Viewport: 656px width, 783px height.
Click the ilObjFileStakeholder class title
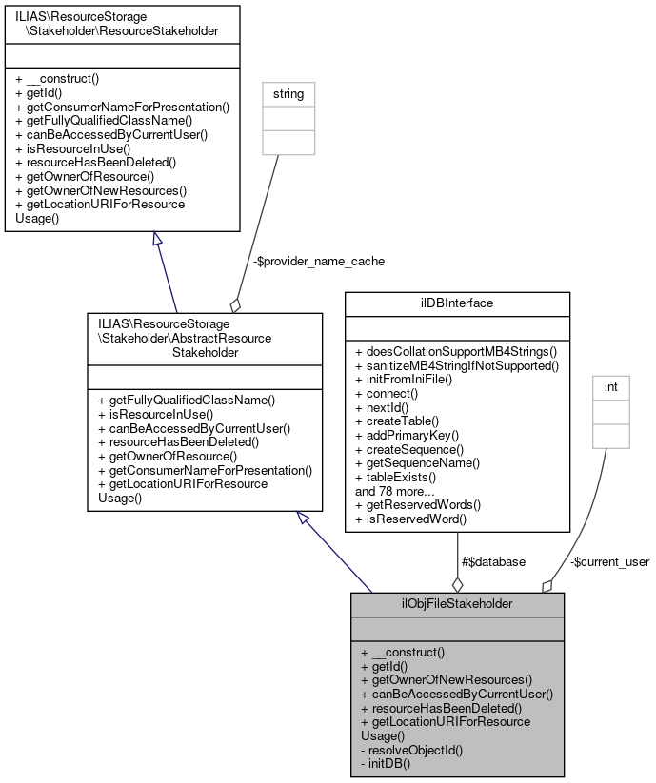coord(457,603)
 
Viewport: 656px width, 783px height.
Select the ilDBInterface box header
coord(457,303)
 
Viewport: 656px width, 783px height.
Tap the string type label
coord(288,93)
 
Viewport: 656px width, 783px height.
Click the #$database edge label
coord(492,561)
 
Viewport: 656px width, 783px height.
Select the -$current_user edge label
coord(609,561)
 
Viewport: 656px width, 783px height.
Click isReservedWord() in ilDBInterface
coord(410,519)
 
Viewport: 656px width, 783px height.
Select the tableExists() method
coord(395,477)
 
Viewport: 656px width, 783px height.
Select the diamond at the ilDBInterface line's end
coord(457,583)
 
